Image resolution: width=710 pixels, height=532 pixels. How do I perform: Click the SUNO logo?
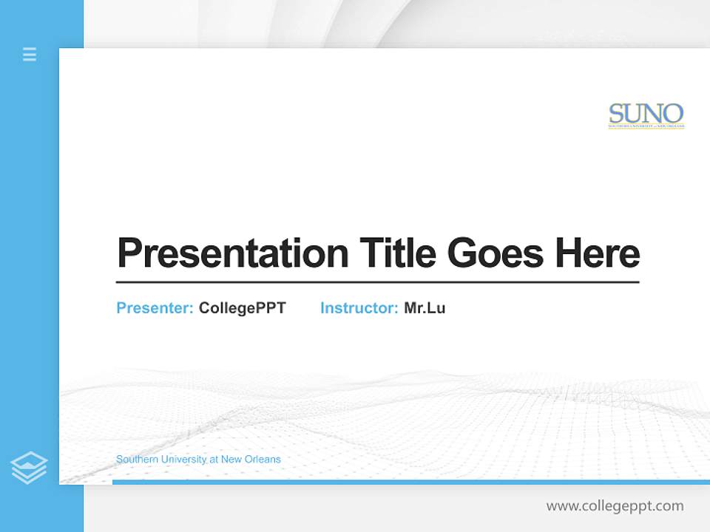[x=646, y=115]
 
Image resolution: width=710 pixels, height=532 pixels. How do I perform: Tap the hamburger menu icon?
[x=30, y=54]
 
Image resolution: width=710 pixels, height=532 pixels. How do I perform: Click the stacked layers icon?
[x=29, y=468]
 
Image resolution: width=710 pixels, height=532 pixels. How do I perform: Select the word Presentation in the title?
[x=232, y=254]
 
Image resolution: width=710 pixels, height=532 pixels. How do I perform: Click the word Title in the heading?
[x=397, y=253]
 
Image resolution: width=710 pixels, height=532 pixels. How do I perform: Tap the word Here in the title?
[x=597, y=253]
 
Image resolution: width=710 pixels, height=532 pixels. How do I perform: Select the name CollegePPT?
[x=242, y=308]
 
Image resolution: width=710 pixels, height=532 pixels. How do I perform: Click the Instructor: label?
[x=359, y=308]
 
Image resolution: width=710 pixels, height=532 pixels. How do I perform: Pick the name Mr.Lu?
[x=425, y=308]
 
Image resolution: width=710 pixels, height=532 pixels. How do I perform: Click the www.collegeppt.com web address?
[x=615, y=506]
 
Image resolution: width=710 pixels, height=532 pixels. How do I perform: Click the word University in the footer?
[x=182, y=460]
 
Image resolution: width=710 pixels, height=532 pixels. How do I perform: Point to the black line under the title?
[x=377, y=282]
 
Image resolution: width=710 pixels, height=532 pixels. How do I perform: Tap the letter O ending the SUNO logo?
[x=673, y=114]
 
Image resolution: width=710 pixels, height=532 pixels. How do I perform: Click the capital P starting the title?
[x=129, y=253]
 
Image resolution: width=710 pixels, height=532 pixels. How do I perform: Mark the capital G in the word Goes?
[x=463, y=253]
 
